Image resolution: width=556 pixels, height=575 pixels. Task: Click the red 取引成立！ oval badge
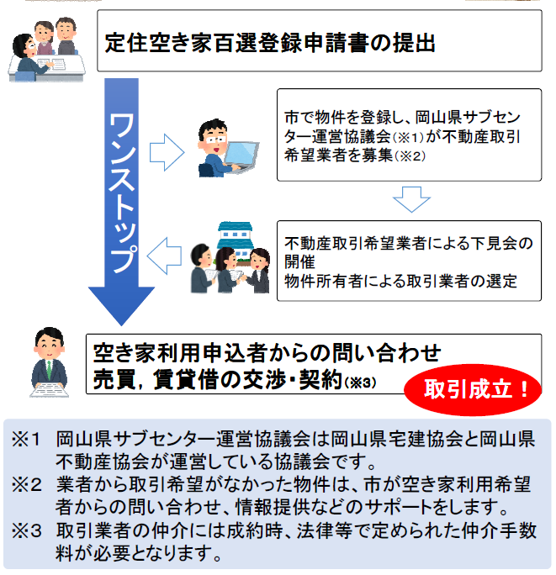(473, 389)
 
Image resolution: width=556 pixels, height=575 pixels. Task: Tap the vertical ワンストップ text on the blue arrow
(122, 193)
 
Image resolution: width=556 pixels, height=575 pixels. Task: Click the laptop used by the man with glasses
(241, 156)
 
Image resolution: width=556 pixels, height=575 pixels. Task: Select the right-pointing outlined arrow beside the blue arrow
(167, 152)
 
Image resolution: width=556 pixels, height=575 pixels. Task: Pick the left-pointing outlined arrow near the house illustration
(164, 256)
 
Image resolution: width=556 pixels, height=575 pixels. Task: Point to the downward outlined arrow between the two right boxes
(411, 199)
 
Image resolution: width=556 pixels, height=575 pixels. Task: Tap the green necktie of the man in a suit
(49, 370)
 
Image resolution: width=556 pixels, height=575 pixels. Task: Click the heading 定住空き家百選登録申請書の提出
(269, 43)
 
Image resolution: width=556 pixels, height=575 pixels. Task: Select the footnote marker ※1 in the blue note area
(26, 439)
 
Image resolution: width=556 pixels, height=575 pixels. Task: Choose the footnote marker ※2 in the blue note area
(26, 485)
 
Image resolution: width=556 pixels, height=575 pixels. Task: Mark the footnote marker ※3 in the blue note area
(26, 530)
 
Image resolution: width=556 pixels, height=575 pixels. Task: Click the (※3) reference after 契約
(360, 382)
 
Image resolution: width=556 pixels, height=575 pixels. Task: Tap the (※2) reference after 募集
(410, 156)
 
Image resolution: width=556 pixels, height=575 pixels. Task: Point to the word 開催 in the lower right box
(299, 261)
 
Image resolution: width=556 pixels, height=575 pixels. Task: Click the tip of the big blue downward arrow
(121, 325)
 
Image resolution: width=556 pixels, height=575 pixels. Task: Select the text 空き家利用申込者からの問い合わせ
(267, 353)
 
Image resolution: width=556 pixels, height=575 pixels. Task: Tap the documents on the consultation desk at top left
(51, 63)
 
